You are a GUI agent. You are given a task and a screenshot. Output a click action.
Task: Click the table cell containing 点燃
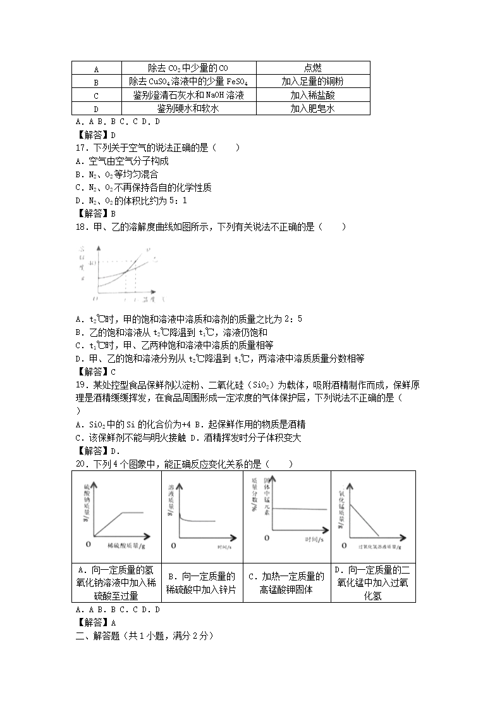pyautogui.click(x=312, y=68)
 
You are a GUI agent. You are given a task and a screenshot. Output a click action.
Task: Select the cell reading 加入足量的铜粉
pyautogui.click(x=312, y=82)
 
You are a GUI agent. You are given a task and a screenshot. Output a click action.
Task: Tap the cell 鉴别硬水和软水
pyautogui.click(x=188, y=109)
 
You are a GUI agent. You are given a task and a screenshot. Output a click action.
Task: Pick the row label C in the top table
pyautogui.click(x=96, y=96)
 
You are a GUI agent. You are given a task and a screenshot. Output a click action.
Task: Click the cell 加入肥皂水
pyautogui.click(x=312, y=109)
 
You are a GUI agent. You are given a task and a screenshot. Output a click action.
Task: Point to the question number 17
pyautogui.click(x=80, y=148)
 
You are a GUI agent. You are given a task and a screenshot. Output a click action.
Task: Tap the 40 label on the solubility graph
pyautogui.click(x=95, y=263)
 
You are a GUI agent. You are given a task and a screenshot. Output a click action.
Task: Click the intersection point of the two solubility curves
pyautogui.click(x=127, y=271)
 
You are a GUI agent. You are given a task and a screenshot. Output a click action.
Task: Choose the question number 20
pyautogui.click(x=80, y=464)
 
